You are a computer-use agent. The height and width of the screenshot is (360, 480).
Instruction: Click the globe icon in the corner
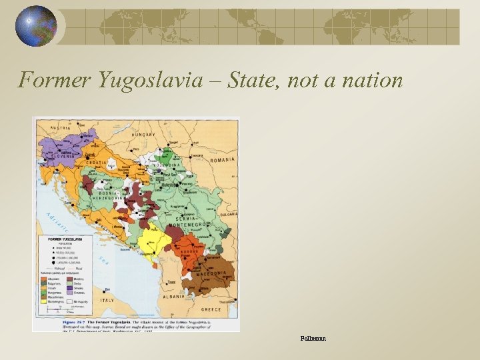coord(36,25)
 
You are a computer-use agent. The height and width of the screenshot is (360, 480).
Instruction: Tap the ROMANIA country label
coord(221,160)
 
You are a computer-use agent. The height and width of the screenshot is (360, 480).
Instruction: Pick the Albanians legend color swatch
coord(45,279)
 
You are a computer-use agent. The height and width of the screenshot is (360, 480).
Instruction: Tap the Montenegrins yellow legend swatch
coord(45,301)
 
